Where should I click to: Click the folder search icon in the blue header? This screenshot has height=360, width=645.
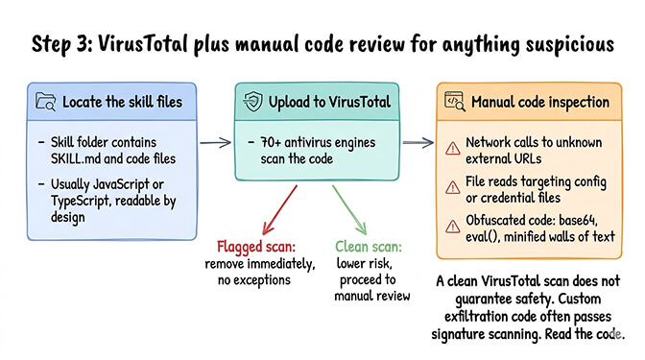pyautogui.click(x=45, y=101)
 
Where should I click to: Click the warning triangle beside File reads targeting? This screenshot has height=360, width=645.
pyautogui.click(x=452, y=187)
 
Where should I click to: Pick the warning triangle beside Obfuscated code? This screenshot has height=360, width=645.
pyautogui.click(x=452, y=226)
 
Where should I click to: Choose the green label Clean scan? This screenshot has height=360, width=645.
pyautogui.click(x=367, y=246)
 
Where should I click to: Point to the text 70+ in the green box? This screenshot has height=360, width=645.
pyautogui.click(x=273, y=142)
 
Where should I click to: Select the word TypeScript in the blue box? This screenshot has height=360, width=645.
pyautogui.click(x=75, y=200)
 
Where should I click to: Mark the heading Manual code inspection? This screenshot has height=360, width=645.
pyautogui.click(x=539, y=101)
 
